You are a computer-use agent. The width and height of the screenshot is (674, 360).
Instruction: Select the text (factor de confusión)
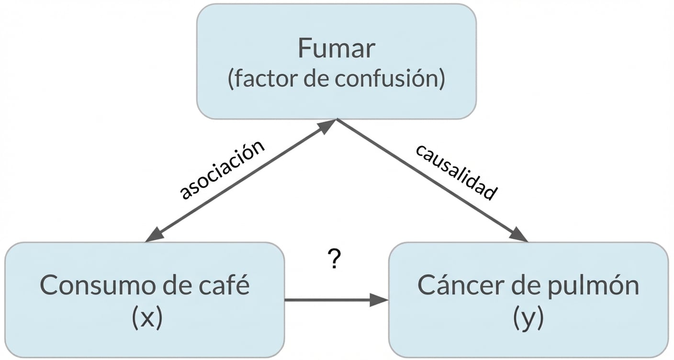point(336,79)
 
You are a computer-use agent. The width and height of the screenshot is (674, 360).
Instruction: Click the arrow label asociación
point(222,169)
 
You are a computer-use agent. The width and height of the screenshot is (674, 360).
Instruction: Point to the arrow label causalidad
point(455,172)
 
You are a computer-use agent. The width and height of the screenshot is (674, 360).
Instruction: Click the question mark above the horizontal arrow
point(336,260)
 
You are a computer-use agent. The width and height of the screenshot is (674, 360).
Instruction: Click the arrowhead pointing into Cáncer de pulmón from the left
point(379,300)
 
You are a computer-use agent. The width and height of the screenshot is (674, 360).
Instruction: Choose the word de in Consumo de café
point(172,286)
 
